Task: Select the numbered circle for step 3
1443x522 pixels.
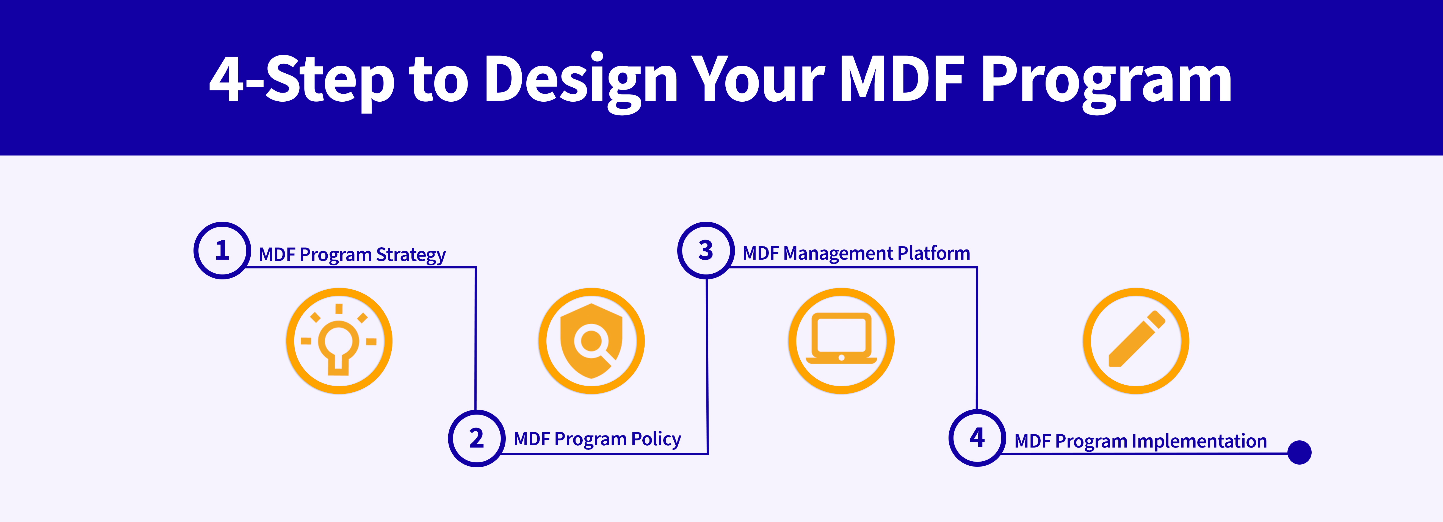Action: (x=706, y=250)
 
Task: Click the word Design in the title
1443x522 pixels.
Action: (x=581, y=79)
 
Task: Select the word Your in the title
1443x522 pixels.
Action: (x=757, y=79)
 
